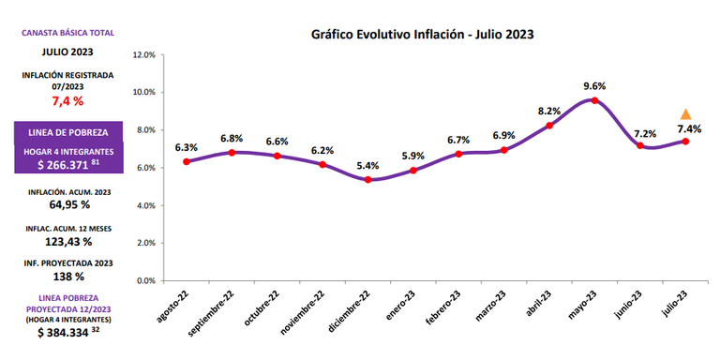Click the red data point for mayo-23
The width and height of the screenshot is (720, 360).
click(594, 100)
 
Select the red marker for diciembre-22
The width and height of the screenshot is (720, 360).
click(367, 180)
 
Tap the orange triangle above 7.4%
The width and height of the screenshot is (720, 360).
click(685, 114)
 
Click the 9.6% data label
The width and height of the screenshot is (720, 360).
click(594, 86)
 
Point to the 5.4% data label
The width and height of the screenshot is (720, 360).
click(367, 165)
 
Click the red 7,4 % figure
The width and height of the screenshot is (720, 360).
click(67, 101)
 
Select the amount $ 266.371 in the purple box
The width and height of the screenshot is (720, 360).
click(67, 165)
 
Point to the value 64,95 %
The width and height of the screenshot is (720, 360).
click(69, 204)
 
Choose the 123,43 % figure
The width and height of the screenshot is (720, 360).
click(68, 241)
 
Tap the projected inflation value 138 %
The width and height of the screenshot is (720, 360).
click(68, 277)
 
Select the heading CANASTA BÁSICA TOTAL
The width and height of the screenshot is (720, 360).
click(67, 33)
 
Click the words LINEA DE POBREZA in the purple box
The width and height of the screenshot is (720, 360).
click(67, 133)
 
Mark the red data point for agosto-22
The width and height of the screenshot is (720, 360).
click(186, 161)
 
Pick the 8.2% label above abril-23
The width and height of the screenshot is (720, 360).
click(549, 112)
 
